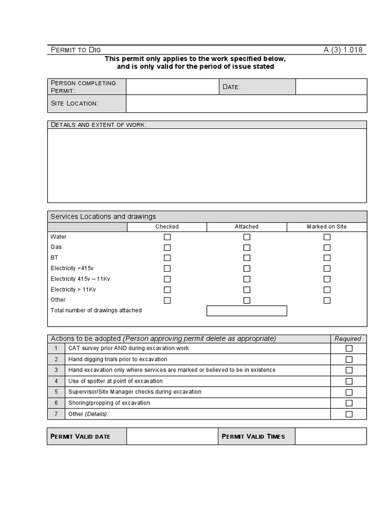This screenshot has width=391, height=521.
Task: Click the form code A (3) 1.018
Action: pos(343,50)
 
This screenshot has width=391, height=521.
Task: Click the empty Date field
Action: pos(331,86)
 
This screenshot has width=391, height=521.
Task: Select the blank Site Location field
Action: pos(246,103)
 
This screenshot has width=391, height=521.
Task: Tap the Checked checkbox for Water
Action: pos(167,237)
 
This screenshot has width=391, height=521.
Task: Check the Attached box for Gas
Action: pos(247,247)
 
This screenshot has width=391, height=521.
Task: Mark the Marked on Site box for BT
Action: pos(327,258)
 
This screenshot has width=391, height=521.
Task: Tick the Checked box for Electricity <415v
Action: pos(167,269)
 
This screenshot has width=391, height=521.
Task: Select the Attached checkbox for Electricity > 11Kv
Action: pos(247,290)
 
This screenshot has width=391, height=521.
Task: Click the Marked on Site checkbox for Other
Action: pos(327,300)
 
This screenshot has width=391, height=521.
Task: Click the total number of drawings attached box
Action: pos(247,310)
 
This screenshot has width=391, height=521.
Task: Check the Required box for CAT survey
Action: pos(349,349)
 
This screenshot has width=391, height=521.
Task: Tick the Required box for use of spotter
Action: pos(349,381)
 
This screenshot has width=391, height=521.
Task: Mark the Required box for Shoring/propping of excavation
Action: pos(349,403)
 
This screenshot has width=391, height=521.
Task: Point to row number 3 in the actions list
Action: pos(56,370)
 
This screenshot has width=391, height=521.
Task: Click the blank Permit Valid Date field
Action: pos(172,436)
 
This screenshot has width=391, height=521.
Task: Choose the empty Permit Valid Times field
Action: pos(330,436)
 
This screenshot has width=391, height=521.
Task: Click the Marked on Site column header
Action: pos(326,227)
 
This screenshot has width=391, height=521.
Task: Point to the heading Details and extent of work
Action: pos(98,125)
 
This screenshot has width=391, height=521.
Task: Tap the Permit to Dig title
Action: pos(76,50)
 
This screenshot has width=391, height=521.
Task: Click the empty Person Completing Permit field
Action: pos(172,86)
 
